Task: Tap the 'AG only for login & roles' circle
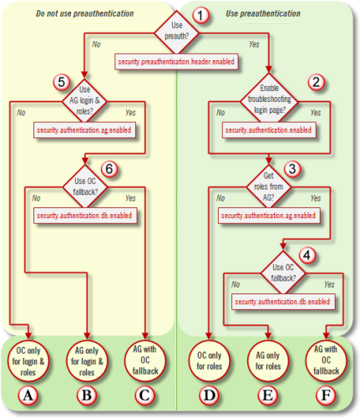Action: (x=87, y=359)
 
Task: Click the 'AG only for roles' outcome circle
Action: (x=267, y=359)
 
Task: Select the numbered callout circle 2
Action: (x=316, y=83)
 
